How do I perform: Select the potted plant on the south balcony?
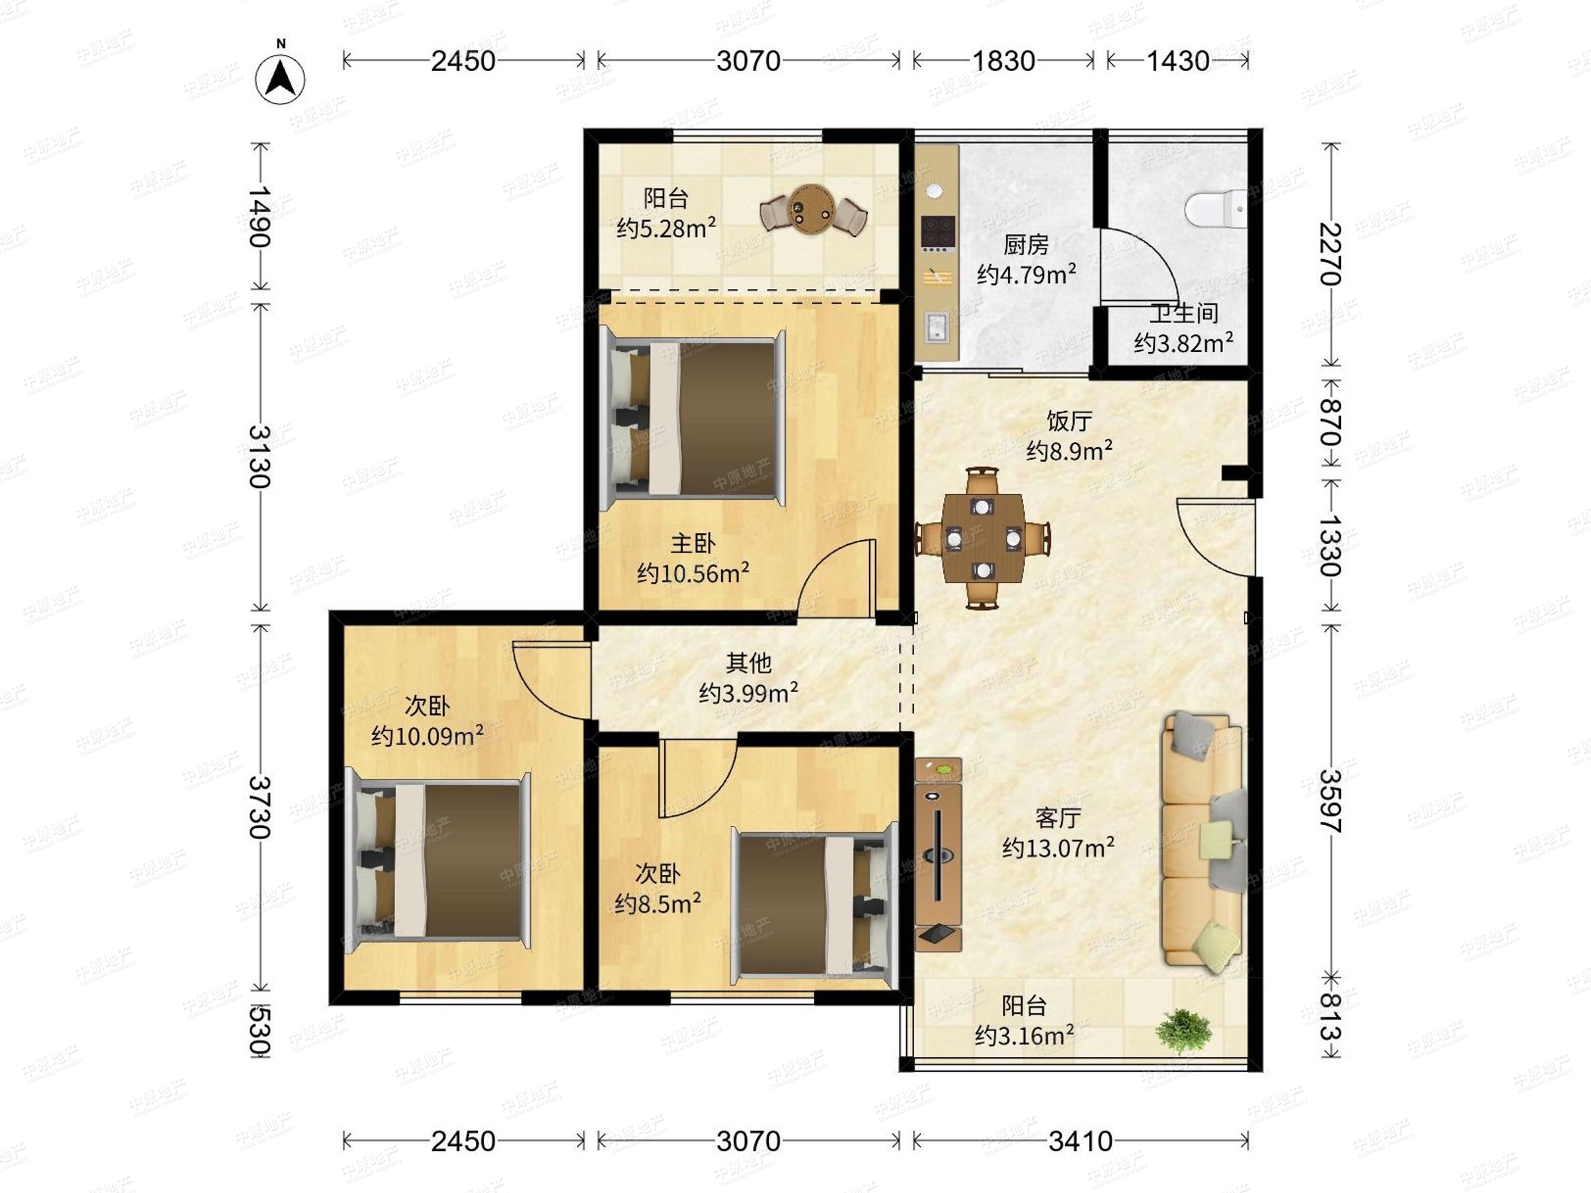(x=1183, y=1031)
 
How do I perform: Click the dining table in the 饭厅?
(x=982, y=538)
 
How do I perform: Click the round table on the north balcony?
(x=813, y=210)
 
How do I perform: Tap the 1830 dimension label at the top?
(x=1004, y=61)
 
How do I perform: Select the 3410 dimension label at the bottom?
(x=1081, y=1141)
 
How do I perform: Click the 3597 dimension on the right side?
(x=1330, y=801)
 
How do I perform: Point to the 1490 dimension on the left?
(x=260, y=217)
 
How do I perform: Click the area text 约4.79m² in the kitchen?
(x=1026, y=274)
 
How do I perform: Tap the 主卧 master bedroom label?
(x=693, y=543)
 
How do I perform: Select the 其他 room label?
(x=748, y=662)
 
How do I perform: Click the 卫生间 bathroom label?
(x=1184, y=313)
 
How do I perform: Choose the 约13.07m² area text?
(x=1059, y=848)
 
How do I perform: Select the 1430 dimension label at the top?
(x=1177, y=61)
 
